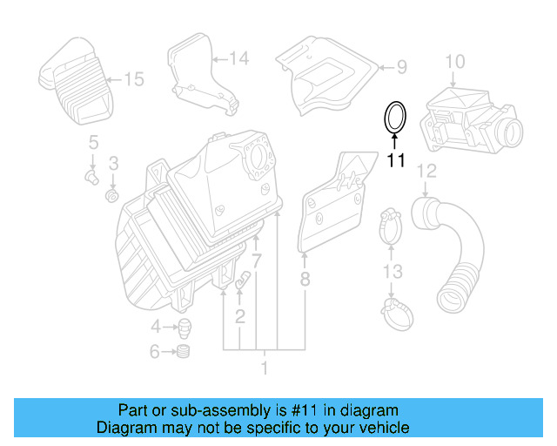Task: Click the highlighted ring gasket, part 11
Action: click(396, 118)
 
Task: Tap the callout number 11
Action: click(396, 160)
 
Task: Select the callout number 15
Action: click(132, 80)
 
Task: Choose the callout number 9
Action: click(401, 66)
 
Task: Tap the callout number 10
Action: click(455, 61)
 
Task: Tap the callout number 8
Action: click(305, 280)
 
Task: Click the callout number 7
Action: click(257, 261)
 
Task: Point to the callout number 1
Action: click(265, 368)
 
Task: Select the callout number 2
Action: click(239, 314)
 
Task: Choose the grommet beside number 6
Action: click(184, 352)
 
